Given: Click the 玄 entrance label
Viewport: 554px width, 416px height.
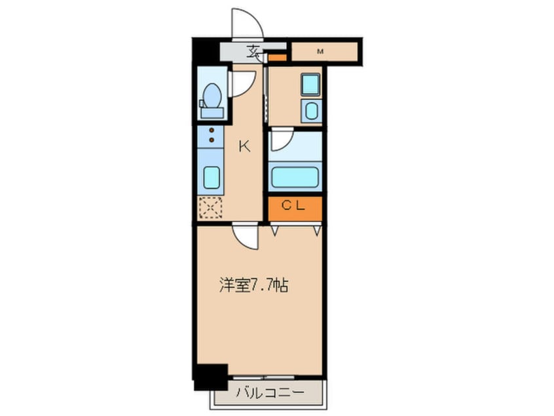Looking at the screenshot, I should pos(253,50).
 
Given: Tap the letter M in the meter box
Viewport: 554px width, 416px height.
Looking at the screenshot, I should pos(320,51).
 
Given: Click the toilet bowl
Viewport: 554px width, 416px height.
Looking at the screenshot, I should pos(212,98).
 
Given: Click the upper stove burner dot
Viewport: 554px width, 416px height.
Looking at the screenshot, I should pos(212,131).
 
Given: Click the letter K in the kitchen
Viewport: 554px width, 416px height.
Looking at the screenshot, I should pos(244,146).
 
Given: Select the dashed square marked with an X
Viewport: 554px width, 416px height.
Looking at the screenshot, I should pos(211,208).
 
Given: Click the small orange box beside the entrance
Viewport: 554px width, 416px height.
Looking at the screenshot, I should pos(278,58).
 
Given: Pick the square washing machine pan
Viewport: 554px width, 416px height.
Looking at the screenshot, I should pos(310,85).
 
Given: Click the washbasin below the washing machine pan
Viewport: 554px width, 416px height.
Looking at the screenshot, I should pos(311,110).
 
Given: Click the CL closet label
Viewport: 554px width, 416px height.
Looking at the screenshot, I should pos(293,205).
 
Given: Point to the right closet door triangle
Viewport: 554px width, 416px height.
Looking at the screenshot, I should pos(317,230).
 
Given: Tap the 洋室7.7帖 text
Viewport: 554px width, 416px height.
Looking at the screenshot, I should pos(253,285).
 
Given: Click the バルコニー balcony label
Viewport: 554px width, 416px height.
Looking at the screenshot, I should pos(268,394).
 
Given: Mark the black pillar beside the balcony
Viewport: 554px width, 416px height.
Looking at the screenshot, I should pos(209,375).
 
